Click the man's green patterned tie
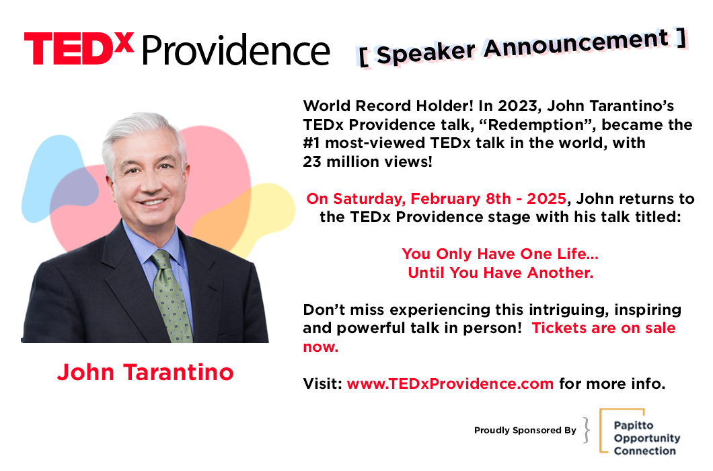[x=172, y=296]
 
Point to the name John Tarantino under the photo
[x=145, y=372]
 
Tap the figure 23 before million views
[x=312, y=161]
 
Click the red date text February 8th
[x=461, y=199]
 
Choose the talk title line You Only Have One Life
[x=500, y=254]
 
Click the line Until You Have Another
[x=500, y=273]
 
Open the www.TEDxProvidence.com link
[x=450, y=384]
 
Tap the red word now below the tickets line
[x=321, y=347]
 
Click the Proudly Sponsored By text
[x=525, y=430]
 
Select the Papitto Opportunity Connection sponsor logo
[x=640, y=431]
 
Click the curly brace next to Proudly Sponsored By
[x=587, y=430]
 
